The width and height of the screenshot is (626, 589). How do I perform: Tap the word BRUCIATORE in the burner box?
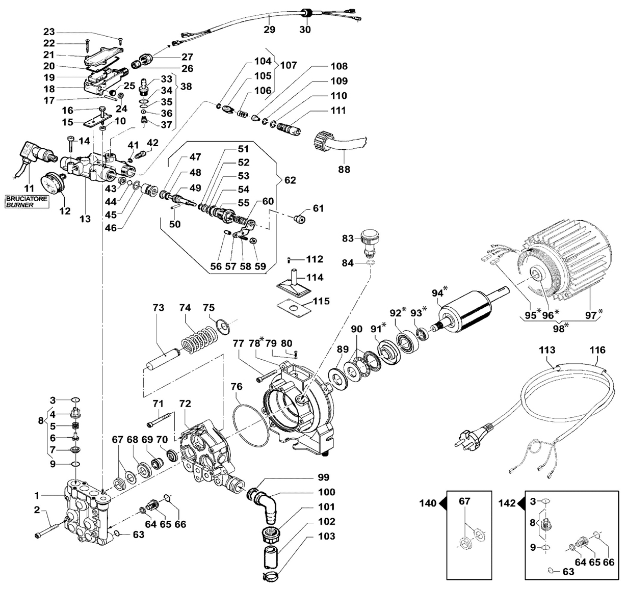(27, 199)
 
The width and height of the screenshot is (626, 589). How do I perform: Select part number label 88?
(344, 169)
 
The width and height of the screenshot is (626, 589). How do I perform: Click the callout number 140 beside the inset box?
(428, 503)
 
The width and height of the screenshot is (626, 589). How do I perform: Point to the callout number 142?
(507, 503)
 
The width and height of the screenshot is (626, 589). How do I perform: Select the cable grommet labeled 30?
(305, 14)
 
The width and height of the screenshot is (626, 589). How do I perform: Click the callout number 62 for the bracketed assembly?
(290, 180)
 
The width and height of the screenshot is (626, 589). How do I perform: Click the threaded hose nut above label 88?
(323, 143)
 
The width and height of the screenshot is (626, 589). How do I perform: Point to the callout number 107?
(289, 65)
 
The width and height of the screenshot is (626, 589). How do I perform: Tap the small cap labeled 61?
(300, 219)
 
